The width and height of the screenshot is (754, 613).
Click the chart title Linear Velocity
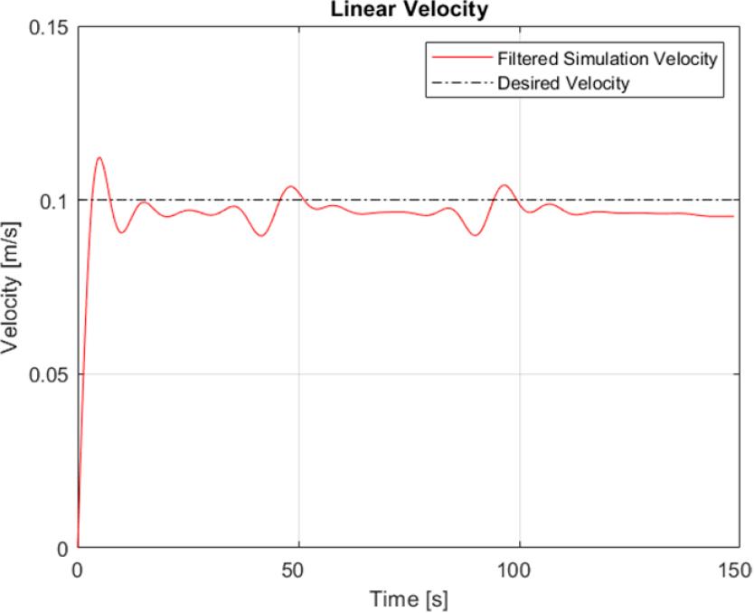tap(408, 8)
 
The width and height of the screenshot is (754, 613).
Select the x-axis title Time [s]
tap(410, 599)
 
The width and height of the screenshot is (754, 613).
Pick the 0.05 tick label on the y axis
tap(51, 374)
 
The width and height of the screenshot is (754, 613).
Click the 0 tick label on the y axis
tap(63, 548)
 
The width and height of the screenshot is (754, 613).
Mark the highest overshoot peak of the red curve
tap(99, 157)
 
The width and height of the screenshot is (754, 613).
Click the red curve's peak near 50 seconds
tap(291, 186)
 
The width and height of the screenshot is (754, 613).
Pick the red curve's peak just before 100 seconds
tap(504, 185)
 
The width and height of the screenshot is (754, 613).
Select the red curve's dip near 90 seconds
tap(476, 235)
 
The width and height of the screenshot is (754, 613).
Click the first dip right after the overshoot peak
tap(122, 232)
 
